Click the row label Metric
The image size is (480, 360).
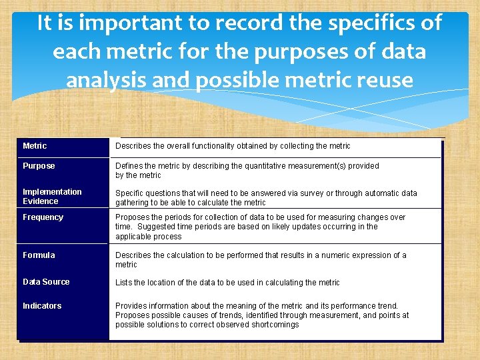(35, 146)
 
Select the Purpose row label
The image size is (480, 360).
(39, 166)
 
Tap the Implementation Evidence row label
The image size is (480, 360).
(52, 197)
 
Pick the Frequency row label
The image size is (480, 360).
(43, 217)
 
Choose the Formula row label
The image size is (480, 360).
(39, 255)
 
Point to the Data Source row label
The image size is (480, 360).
(46, 282)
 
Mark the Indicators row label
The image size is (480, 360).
(42, 306)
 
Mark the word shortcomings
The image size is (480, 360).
(275, 325)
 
